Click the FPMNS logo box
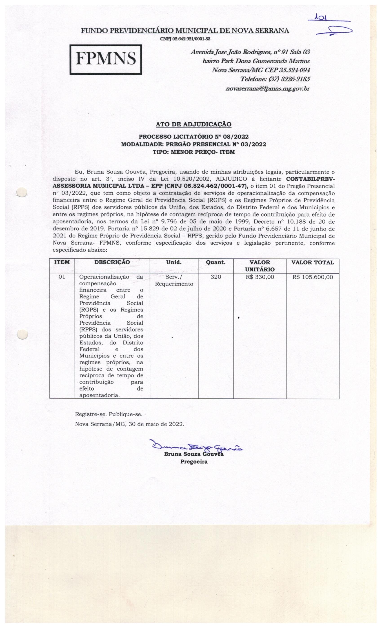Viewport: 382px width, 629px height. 106,60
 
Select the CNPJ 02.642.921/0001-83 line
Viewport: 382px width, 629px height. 185,39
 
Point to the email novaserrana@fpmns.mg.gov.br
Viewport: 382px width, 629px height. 268,89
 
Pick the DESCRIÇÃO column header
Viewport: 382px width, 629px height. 112,262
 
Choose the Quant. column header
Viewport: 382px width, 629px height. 216,262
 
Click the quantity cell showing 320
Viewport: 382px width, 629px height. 216,277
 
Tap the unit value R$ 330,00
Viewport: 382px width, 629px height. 260,277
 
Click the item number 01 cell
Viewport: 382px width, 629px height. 62,277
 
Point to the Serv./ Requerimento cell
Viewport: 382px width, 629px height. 174,280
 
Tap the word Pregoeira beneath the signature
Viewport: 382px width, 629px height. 194,462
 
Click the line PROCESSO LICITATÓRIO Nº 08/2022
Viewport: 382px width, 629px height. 193,137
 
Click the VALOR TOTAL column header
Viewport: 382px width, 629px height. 313,262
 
